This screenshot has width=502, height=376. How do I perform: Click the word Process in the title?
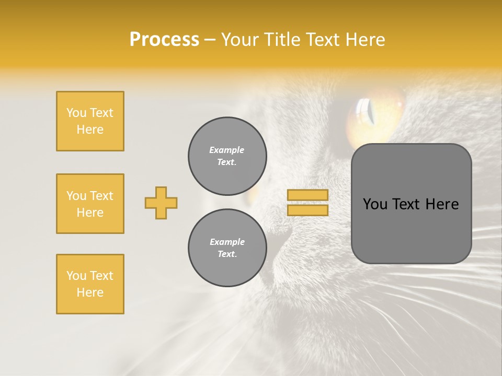click(x=164, y=40)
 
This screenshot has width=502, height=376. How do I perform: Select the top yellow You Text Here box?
click(x=90, y=121)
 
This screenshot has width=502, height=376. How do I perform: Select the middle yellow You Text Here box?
click(x=90, y=204)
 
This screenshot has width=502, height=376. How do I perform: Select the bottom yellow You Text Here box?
click(x=90, y=284)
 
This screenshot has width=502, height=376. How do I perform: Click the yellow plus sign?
click(x=161, y=203)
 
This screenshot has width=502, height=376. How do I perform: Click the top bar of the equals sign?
click(x=307, y=195)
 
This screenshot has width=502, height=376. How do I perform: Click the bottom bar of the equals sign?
click(x=307, y=210)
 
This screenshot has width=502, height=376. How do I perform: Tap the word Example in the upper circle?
click(x=227, y=150)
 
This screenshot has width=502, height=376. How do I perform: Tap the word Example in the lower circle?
click(x=227, y=242)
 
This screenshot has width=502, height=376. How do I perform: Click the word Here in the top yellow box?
click(x=90, y=130)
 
